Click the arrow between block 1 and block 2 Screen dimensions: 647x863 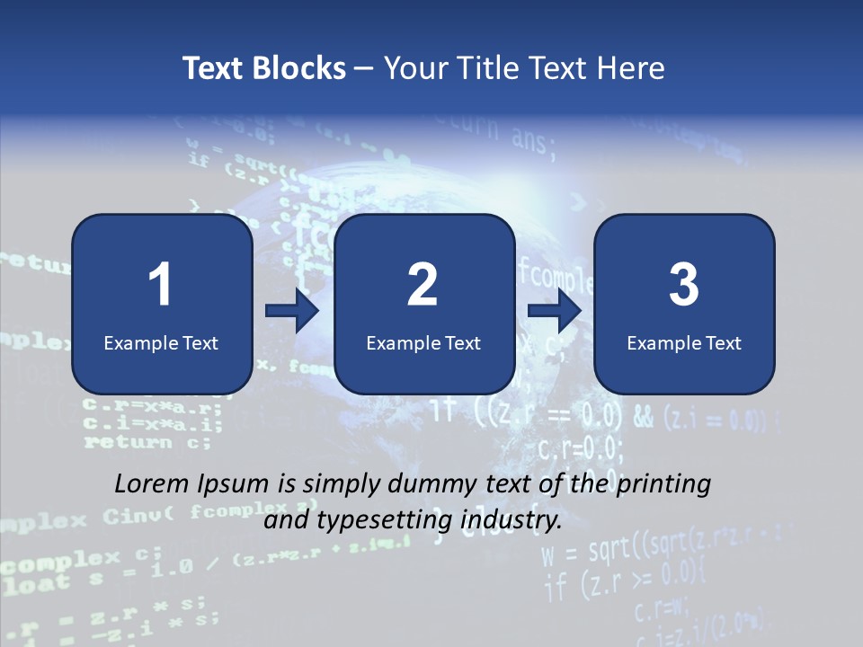[292, 311]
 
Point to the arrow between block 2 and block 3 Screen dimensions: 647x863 [555, 311]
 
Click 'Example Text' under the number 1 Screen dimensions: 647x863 [161, 342]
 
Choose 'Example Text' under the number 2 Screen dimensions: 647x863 [423, 342]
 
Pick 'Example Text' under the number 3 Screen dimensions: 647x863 [684, 342]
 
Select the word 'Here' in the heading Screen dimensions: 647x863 [631, 68]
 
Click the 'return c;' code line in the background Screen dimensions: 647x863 [147, 442]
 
